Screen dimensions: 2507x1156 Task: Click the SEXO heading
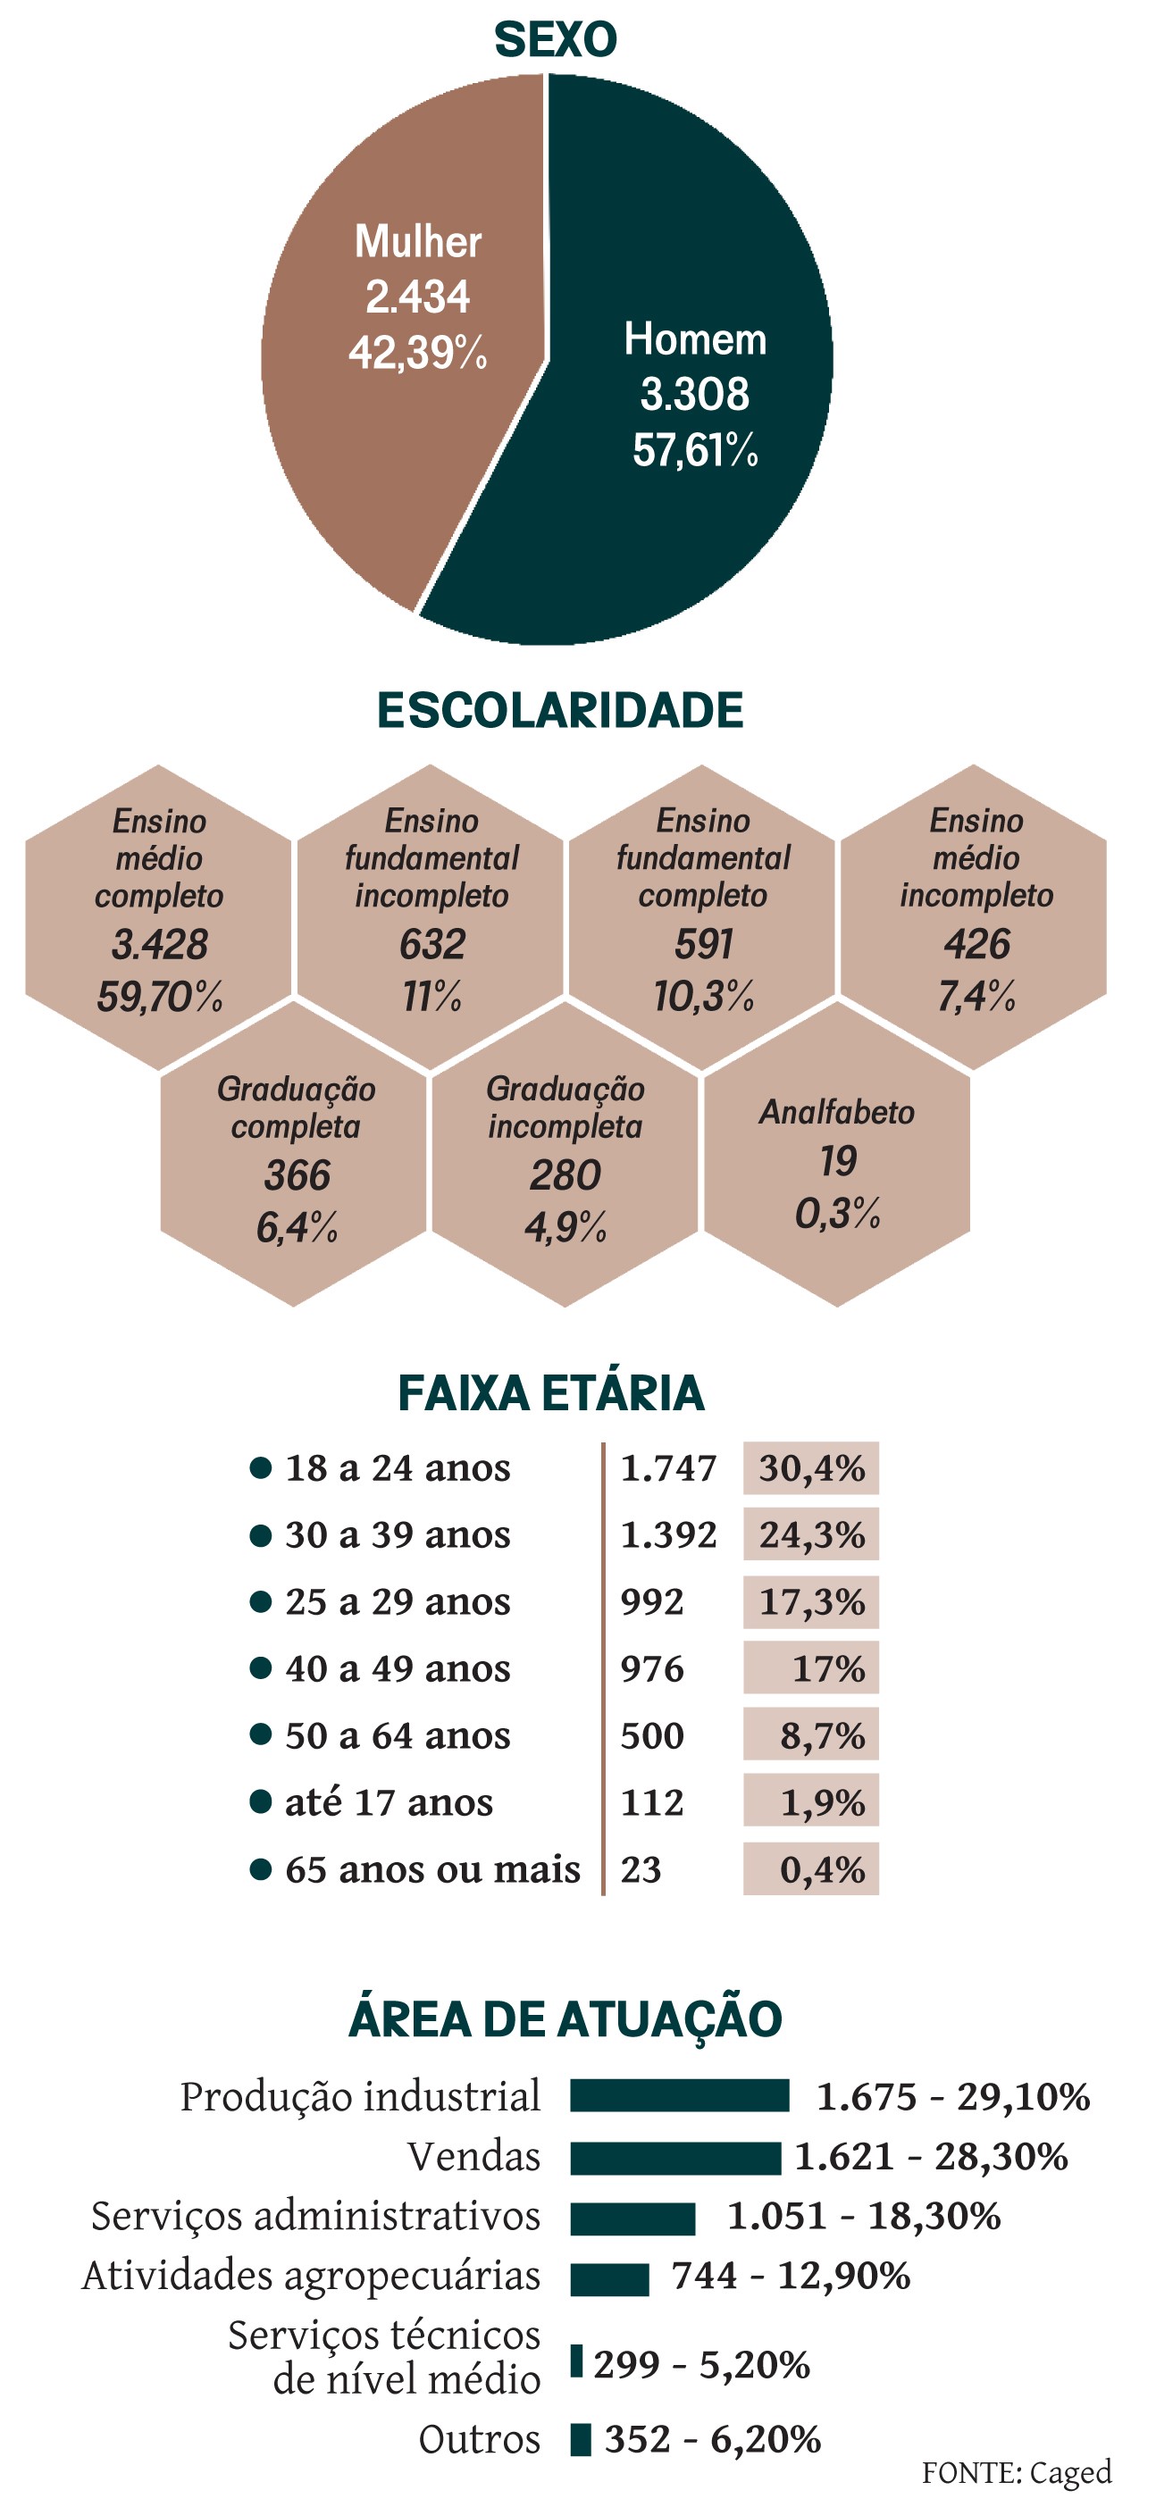coord(556,40)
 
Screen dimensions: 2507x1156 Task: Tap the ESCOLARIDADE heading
coord(559,710)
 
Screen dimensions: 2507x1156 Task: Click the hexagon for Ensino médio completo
coord(159,915)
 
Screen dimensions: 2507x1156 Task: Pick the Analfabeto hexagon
coord(837,1158)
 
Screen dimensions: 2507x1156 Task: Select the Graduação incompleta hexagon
coord(565,1158)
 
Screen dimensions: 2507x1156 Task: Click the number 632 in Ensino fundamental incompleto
coord(432,945)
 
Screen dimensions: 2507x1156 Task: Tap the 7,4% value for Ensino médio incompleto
coord(976,997)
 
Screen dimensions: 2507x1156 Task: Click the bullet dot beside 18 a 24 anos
coord(260,1467)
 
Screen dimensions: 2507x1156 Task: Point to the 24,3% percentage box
coord(810,1534)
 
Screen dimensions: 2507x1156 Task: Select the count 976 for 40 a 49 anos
coord(652,1669)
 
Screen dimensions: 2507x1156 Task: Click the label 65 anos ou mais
coord(432,1869)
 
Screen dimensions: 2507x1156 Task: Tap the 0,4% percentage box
coord(810,1869)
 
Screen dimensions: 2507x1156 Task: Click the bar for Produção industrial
coord(679,2095)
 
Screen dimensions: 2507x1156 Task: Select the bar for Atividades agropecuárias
coord(609,2278)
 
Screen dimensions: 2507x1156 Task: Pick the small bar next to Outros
coord(580,2440)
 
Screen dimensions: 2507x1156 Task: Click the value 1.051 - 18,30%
coord(864,2216)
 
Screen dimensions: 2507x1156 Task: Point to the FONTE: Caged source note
coord(1016,2473)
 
